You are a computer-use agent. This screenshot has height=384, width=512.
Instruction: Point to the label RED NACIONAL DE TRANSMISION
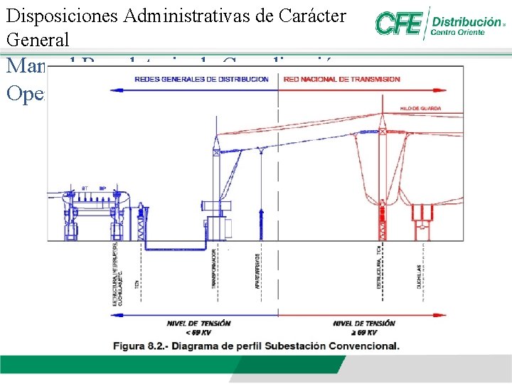342,79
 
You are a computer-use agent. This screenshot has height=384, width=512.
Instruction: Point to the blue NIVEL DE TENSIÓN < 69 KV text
199,327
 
